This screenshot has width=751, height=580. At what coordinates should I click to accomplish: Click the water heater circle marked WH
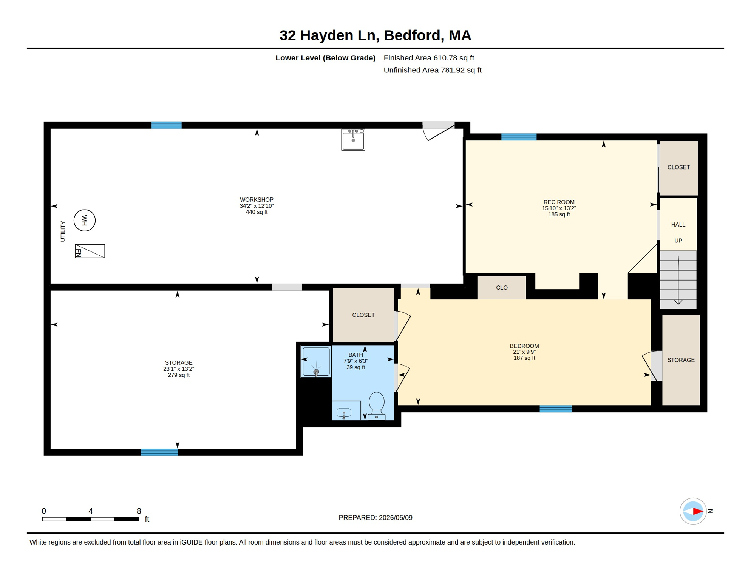click(x=84, y=220)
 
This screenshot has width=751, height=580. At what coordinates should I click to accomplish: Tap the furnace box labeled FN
click(x=90, y=251)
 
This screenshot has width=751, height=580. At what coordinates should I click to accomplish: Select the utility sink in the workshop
click(x=353, y=139)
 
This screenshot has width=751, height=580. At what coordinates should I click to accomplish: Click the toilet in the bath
click(x=377, y=406)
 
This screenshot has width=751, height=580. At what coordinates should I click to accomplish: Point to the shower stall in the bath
click(x=316, y=361)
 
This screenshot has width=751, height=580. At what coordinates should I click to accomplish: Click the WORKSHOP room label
click(x=257, y=200)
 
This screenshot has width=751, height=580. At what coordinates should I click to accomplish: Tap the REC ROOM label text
click(x=559, y=202)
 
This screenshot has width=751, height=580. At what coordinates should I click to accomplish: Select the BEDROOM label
click(x=524, y=346)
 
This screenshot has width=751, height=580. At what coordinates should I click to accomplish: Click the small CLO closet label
click(x=502, y=288)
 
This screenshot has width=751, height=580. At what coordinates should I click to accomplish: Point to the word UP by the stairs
click(x=678, y=241)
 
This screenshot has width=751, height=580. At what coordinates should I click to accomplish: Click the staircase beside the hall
click(x=678, y=279)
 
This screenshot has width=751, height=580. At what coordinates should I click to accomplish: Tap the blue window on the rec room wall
click(x=519, y=137)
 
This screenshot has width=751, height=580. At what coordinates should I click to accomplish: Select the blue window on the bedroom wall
click(x=555, y=409)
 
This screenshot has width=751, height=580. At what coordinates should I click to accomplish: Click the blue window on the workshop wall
click(x=166, y=125)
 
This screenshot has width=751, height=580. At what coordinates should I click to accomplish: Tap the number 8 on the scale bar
click(x=139, y=511)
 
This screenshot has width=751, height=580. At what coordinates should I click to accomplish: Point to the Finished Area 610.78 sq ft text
click(x=429, y=58)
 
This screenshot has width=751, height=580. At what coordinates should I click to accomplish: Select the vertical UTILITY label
click(x=63, y=231)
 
